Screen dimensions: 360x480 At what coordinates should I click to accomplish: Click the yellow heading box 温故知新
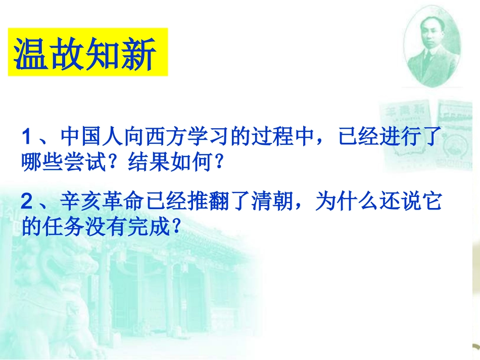click(x=87, y=53)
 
